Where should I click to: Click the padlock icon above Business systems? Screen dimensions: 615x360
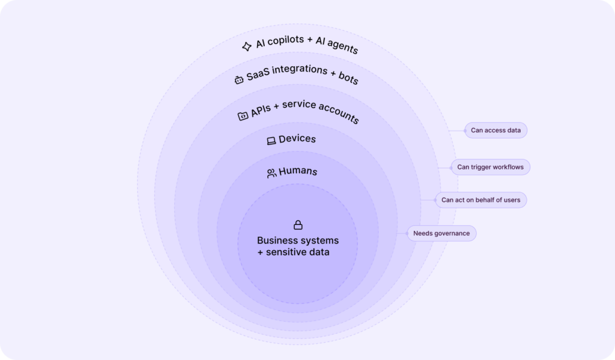pyautogui.click(x=298, y=225)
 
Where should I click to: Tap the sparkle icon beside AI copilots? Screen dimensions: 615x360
pyautogui.click(x=247, y=47)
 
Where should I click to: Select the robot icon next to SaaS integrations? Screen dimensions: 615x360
pyautogui.click(x=239, y=80)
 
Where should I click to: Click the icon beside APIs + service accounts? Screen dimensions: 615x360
pyautogui.click(x=243, y=116)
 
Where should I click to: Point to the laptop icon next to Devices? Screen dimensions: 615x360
pyautogui.click(x=271, y=141)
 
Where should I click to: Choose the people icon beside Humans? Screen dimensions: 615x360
pyautogui.click(x=271, y=173)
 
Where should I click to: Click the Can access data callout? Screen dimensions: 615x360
pyautogui.click(x=495, y=130)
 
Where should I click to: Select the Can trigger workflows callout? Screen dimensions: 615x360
pyautogui.click(x=490, y=167)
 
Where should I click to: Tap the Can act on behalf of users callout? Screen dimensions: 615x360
pyautogui.click(x=481, y=200)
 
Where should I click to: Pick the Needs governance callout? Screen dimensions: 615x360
pyautogui.click(x=441, y=234)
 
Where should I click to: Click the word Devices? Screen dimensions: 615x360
pyautogui.click(x=297, y=139)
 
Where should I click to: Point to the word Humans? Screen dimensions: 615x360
pyautogui.click(x=298, y=171)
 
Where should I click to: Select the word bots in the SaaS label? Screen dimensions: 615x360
pyautogui.click(x=349, y=78)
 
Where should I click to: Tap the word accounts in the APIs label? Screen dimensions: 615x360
pyautogui.click(x=339, y=112)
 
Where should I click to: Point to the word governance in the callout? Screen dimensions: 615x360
pyautogui.click(x=452, y=234)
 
